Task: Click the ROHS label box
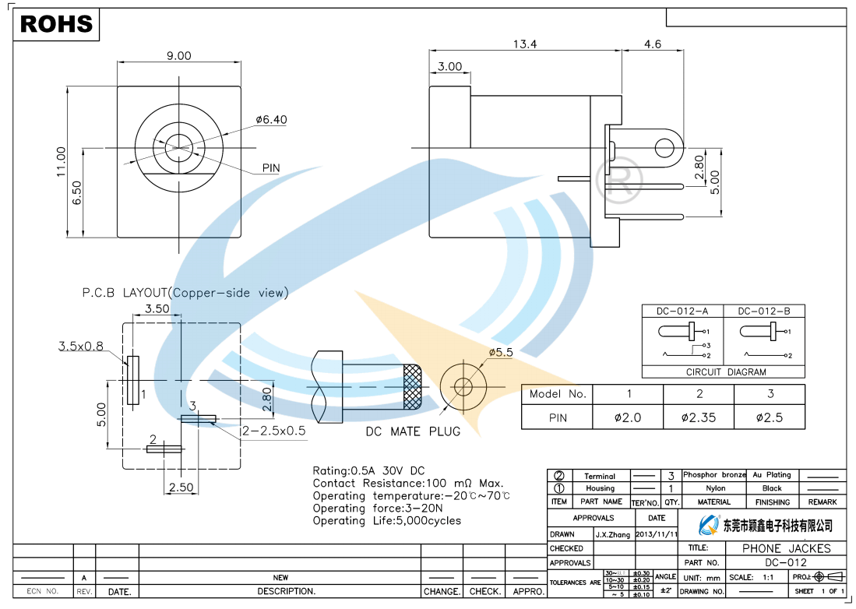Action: click(56, 24)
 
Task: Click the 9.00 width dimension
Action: click(178, 55)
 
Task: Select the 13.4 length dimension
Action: click(524, 44)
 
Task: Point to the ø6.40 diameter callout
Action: click(271, 120)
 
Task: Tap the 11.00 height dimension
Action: click(62, 162)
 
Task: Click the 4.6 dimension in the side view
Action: click(652, 44)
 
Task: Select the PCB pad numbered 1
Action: click(132, 380)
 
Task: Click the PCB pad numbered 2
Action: click(164, 448)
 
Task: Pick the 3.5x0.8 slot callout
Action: click(81, 346)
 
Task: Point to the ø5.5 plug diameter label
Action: click(501, 352)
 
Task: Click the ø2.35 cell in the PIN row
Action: click(698, 417)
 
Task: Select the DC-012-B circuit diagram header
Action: click(763, 312)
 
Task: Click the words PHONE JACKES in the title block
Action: click(786, 548)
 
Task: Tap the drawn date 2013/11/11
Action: click(657, 534)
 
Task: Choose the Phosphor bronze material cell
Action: click(714, 474)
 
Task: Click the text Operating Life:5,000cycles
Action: click(386, 520)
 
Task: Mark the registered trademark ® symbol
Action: click(618, 179)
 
